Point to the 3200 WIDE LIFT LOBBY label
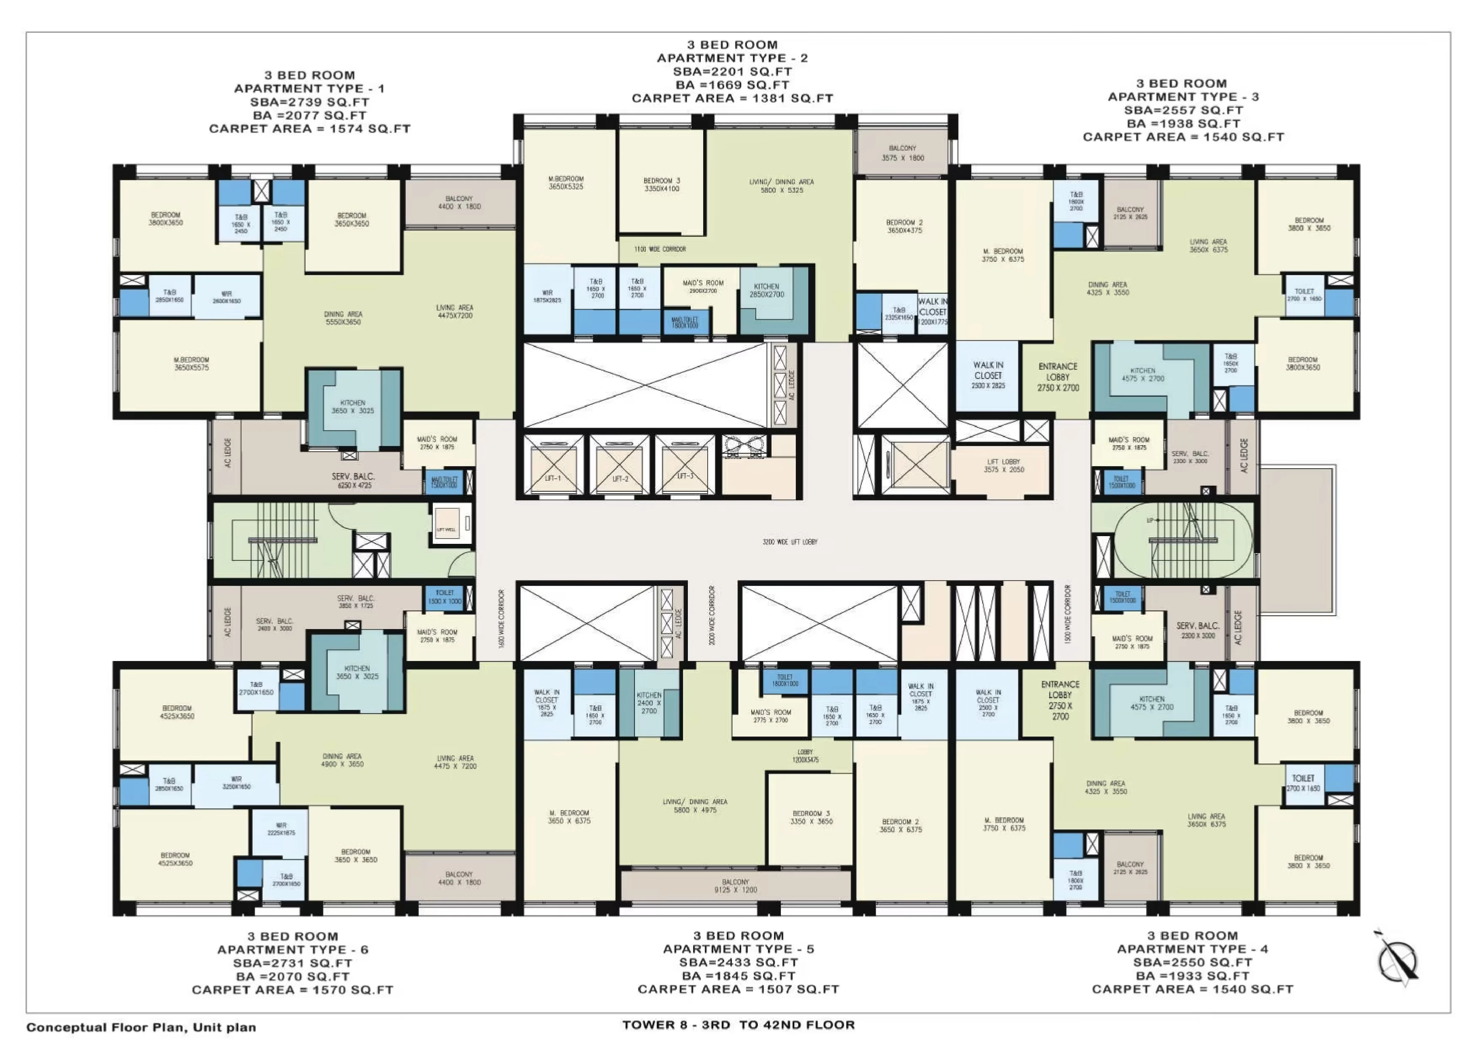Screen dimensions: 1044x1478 tap(790, 542)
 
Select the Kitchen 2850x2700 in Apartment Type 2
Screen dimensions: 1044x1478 tap(767, 291)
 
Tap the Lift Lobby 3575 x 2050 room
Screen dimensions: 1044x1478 tap(1004, 466)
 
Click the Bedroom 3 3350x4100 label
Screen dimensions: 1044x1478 tap(661, 185)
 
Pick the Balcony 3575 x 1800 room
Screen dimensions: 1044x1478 tap(902, 153)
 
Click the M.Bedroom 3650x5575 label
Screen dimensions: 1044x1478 tap(191, 364)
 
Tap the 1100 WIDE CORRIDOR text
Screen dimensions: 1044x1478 tap(660, 249)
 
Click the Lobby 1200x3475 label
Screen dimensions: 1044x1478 tap(805, 756)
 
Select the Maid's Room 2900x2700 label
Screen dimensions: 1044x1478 tap(703, 286)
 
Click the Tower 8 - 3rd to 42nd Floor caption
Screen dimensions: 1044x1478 tap(738, 1025)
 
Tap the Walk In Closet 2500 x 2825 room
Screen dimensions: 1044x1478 tap(988, 375)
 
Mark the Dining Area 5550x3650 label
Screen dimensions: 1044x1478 tap(343, 318)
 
